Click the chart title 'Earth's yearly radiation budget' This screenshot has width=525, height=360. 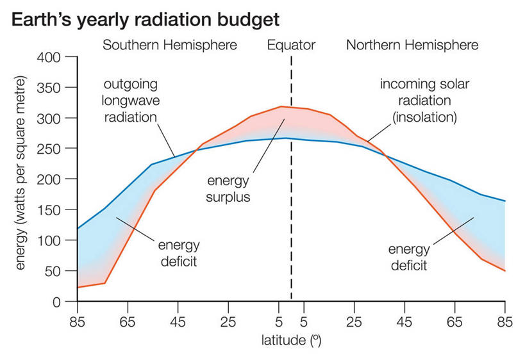pyautogui.click(x=145, y=19)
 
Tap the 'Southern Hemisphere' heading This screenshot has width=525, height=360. pyautogui.click(x=170, y=45)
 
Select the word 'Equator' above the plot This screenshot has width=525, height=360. pyautogui.click(x=291, y=45)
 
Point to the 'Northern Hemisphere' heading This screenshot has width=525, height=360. pyautogui.click(x=412, y=45)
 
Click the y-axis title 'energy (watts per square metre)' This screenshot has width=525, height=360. pyautogui.click(x=22, y=173)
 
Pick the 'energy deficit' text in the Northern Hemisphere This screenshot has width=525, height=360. pyautogui.click(x=408, y=257)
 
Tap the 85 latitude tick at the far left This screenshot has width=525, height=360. pyautogui.click(x=78, y=322)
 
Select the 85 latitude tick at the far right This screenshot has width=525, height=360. pyautogui.click(x=505, y=322)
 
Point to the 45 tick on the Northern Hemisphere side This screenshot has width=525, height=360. pyautogui.click(x=404, y=322)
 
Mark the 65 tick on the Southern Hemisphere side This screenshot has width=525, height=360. pyautogui.click(x=128, y=322)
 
